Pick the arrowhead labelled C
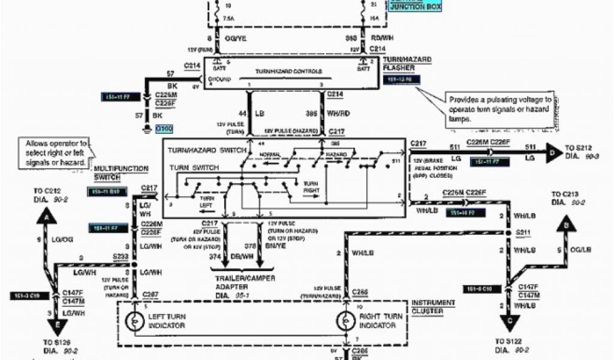pos(508,324)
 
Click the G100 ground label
pos(163,128)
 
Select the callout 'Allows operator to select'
pos(56,153)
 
